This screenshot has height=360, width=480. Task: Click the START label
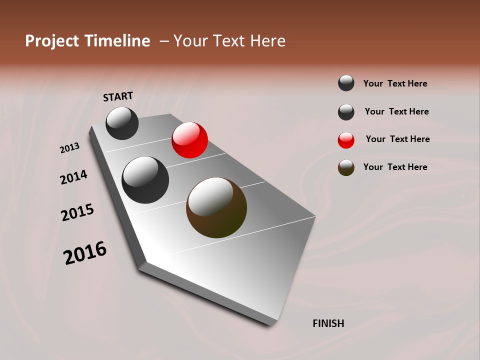118,96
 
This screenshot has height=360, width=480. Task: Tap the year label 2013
69,148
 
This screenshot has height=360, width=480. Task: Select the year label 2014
73,177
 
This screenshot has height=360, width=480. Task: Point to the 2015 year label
77,212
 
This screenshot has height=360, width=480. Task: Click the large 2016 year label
85,253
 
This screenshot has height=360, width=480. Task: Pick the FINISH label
328,323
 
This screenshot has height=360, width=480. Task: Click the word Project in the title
52,41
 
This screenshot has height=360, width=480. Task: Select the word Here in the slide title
267,41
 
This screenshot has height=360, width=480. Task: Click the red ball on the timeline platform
189,140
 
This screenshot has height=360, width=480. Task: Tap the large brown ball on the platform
216,207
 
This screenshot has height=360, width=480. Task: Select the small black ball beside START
122,123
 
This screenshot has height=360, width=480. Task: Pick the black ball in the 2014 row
145,180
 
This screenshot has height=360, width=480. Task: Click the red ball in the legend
346,140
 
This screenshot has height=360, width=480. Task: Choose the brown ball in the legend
346,168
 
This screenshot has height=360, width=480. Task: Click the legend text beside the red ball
397,139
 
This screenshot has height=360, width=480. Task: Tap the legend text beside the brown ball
395,167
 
